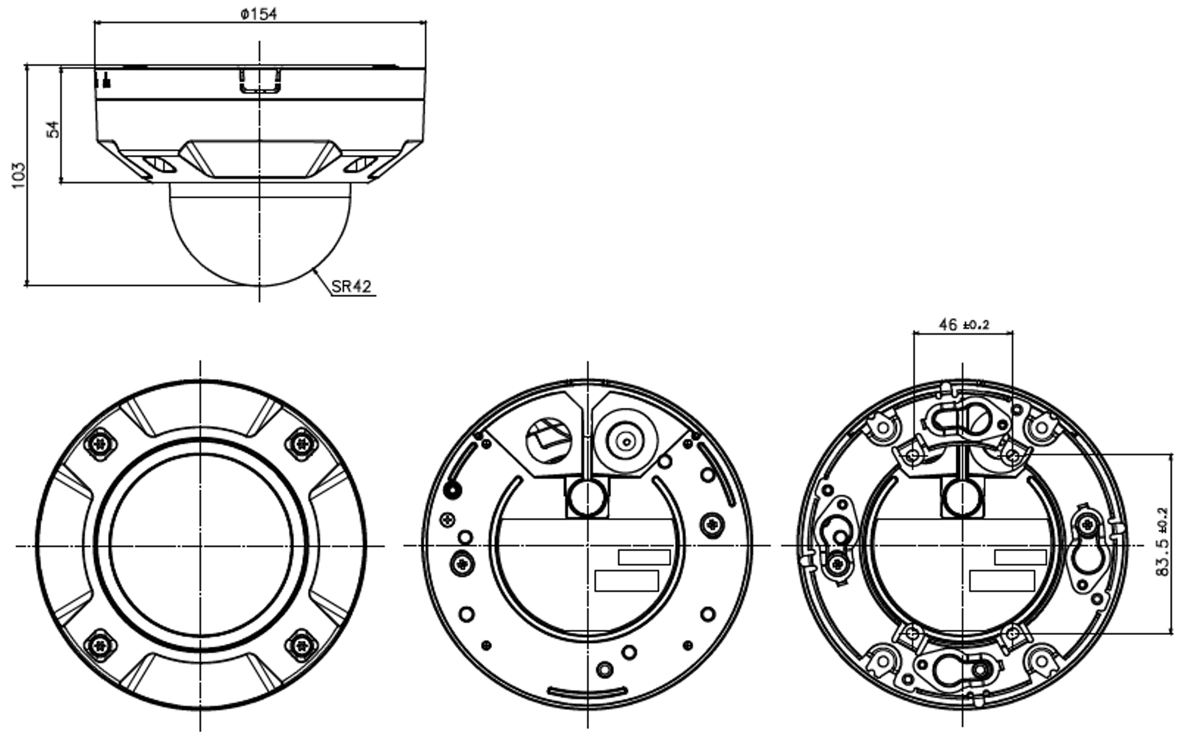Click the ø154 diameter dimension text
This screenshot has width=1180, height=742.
click(x=259, y=14)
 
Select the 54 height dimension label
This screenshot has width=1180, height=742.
click(x=53, y=129)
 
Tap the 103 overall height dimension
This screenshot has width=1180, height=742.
click(x=18, y=175)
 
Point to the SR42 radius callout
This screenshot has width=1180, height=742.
click(x=352, y=286)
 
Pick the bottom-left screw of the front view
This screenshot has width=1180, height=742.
click(x=101, y=645)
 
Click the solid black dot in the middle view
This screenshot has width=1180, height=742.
click(x=452, y=489)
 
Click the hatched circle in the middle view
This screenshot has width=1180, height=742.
click(x=549, y=441)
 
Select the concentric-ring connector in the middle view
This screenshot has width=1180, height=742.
click(x=626, y=441)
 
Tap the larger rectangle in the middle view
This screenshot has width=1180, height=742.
click(x=626, y=581)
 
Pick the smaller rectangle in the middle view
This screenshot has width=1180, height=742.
click(x=644, y=558)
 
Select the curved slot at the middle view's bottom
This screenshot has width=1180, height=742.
click(x=586, y=692)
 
